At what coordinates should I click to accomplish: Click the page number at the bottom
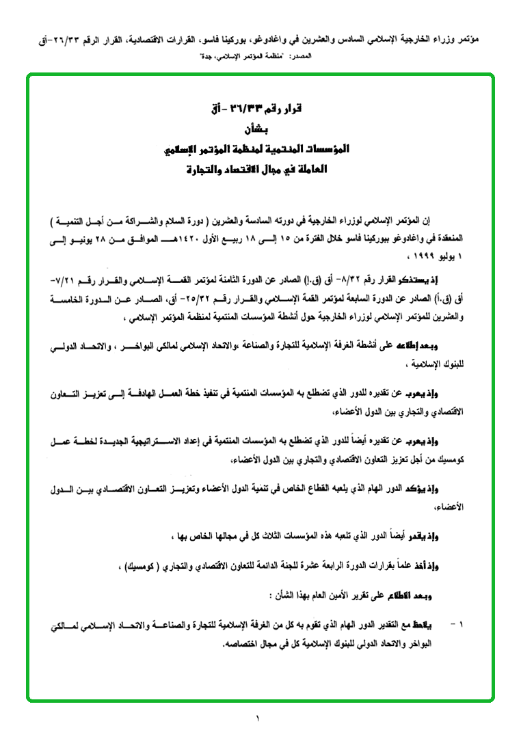point(258,718)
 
